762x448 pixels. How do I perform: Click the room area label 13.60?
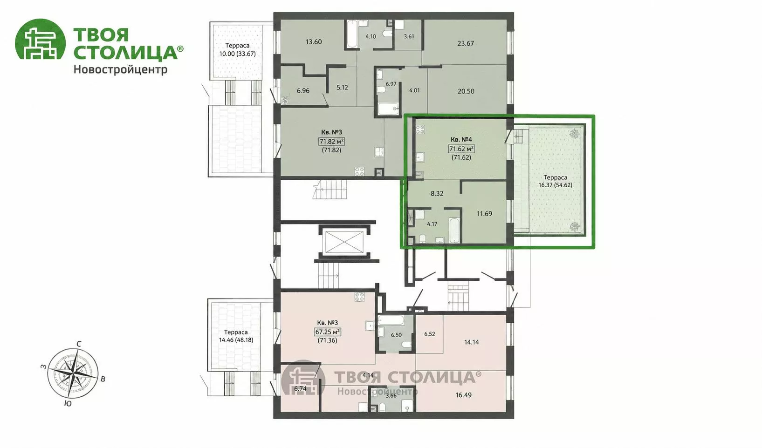coord(314,42)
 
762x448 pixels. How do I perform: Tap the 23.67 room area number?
coord(466,43)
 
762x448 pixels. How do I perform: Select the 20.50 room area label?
coord(466,91)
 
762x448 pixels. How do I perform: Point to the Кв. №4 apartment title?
coord(461,139)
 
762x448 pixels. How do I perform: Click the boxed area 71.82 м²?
coord(331,142)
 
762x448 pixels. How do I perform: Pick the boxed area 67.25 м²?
coord(327,332)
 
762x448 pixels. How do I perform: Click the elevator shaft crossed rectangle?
coord(344,242)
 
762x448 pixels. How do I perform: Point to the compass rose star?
coord(73,373)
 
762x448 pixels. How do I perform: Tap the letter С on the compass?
coord(79,344)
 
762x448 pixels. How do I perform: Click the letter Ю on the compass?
coord(68,403)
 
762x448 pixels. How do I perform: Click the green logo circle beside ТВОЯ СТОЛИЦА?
coord(40,39)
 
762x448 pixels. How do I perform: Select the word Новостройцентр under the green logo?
coord(120,70)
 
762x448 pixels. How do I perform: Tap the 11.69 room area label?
coord(484,214)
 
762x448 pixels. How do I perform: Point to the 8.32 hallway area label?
coord(437,193)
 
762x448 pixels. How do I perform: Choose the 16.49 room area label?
coord(463,395)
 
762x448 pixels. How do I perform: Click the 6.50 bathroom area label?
coord(396,335)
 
